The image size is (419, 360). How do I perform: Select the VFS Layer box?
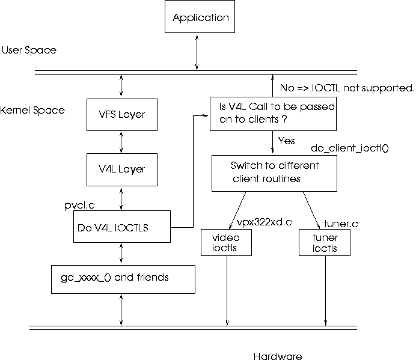(x=122, y=114)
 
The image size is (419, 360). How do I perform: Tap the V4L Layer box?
(x=122, y=169)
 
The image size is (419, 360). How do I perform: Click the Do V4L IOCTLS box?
(x=121, y=228)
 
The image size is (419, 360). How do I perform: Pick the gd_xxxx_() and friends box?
(x=123, y=278)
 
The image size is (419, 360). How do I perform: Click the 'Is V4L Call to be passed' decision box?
(x=272, y=114)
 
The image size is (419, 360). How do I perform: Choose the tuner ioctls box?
(x=325, y=243)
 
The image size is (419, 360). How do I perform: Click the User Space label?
(x=29, y=50)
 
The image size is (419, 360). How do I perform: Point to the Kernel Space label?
(x=32, y=111)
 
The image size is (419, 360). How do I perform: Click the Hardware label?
(x=277, y=356)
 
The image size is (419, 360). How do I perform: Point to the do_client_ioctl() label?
(x=350, y=147)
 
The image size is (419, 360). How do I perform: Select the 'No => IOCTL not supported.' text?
(x=347, y=89)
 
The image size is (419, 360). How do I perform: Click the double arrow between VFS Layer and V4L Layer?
(x=122, y=142)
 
